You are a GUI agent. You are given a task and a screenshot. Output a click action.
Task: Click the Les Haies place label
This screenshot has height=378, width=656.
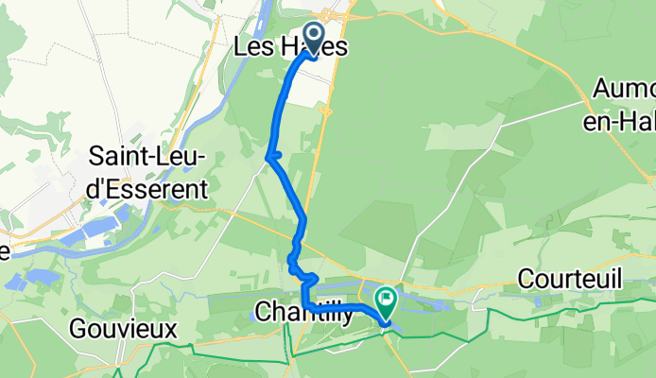point(289,47)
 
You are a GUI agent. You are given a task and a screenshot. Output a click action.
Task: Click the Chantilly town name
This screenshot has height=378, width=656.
point(304,311)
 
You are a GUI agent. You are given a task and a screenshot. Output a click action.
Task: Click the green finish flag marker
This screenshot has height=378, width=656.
point(387,301)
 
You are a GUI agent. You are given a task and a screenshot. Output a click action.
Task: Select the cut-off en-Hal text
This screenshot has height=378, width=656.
point(625,118)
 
